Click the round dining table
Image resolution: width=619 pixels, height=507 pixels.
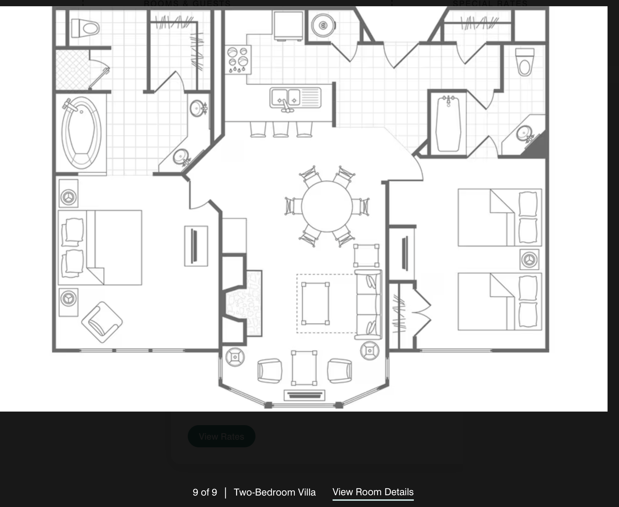[x=327, y=206]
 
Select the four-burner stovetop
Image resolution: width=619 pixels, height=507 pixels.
[x=238, y=59]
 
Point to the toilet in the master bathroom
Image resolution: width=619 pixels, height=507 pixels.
[x=85, y=28]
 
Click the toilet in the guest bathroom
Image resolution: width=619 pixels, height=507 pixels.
[x=525, y=62]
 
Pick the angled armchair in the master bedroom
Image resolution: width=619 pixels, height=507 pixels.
[x=102, y=322]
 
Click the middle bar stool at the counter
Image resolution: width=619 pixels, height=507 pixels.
[x=281, y=129]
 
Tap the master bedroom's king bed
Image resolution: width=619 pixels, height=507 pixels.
[x=100, y=247]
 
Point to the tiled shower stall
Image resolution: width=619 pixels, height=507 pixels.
[x=73, y=70]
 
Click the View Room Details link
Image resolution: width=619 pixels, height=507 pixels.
[x=373, y=492]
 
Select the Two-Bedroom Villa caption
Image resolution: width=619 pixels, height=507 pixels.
[x=275, y=492]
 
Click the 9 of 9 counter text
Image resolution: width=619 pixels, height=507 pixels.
[x=205, y=492]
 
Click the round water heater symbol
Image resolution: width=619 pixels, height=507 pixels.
[x=323, y=25]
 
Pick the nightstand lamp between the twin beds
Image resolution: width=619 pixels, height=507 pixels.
[x=529, y=260]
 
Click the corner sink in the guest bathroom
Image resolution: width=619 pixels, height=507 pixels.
[x=524, y=134]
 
